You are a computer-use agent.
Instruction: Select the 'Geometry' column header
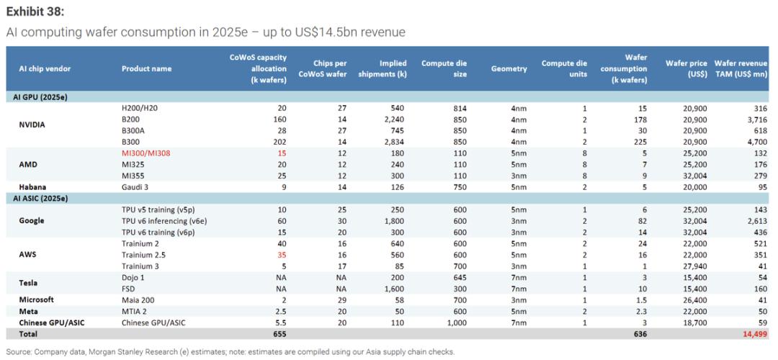tap(509, 68)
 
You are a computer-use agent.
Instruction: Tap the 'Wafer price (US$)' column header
tap(687, 68)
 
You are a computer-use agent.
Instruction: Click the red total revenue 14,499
tap(754, 334)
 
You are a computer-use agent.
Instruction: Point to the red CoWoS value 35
tap(282, 254)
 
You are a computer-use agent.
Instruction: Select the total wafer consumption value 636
tap(639, 334)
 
